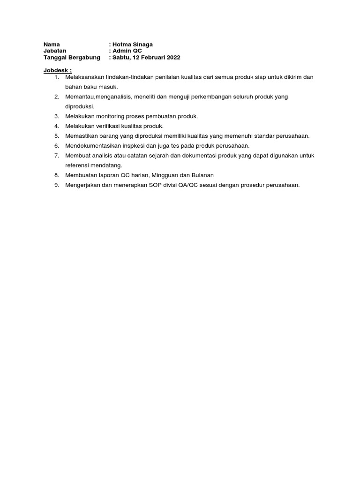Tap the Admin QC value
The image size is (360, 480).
point(127,51)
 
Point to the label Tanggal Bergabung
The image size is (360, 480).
point(72,58)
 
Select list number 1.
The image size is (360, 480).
point(57,77)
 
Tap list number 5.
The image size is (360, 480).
point(57,136)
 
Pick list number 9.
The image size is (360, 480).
point(57,185)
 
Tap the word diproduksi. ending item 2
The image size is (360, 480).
point(80,106)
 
